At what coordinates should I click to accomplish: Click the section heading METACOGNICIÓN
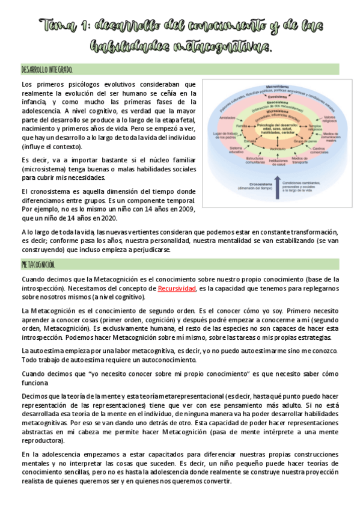[x=38, y=265]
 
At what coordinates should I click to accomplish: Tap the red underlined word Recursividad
[x=177, y=289]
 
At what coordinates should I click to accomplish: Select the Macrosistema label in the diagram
[x=277, y=87]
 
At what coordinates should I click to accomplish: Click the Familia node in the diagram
[x=242, y=126]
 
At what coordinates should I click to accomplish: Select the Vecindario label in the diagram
[x=277, y=148]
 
